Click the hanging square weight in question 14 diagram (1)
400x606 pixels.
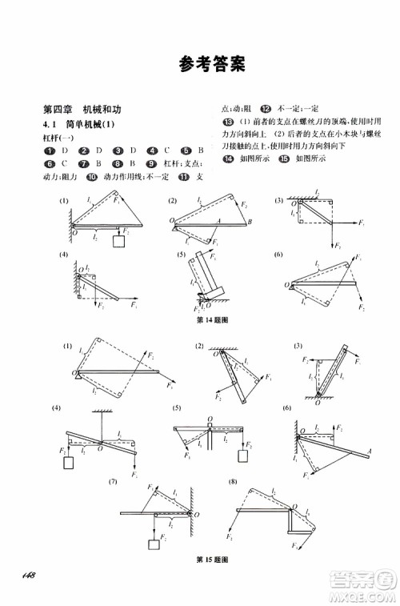pyautogui.click(x=122, y=240)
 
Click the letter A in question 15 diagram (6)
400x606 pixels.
pyautogui.click(x=372, y=451)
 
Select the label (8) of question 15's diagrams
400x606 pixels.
pyautogui.click(x=233, y=482)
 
